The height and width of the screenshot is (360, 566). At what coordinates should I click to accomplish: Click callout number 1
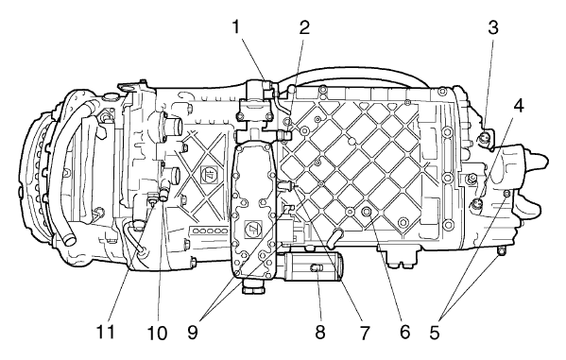(235, 27)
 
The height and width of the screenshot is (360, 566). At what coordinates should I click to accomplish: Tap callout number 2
(304, 27)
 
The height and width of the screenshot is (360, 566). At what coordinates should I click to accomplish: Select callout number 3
(493, 27)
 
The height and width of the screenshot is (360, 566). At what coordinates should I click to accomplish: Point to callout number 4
(519, 106)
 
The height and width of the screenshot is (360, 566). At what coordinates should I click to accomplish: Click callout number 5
(435, 332)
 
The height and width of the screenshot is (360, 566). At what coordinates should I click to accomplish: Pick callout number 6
(404, 332)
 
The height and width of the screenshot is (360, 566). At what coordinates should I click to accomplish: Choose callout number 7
(365, 333)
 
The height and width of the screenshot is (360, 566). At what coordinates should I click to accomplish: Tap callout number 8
(319, 332)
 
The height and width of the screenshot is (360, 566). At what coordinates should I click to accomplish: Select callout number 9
(193, 332)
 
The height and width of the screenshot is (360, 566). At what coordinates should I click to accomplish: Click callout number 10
(157, 333)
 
